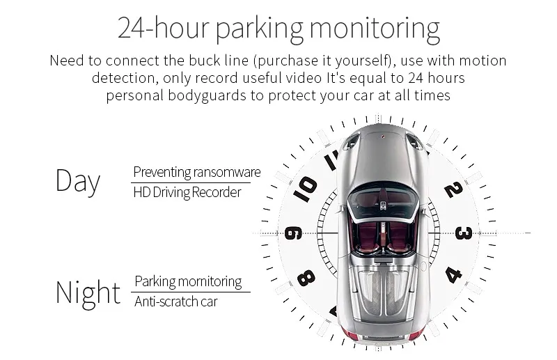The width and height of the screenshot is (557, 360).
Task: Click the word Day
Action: [x=78, y=181]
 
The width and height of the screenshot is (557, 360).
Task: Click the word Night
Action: [x=88, y=292]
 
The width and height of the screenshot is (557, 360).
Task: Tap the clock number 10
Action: [x=304, y=189]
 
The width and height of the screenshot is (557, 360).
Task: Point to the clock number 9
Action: [x=293, y=233]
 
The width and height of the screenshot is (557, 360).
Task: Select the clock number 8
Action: [x=306, y=279]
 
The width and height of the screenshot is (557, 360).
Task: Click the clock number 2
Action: [x=454, y=189]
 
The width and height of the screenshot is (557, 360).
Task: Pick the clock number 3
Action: [x=464, y=233]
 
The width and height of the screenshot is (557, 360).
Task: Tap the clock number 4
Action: [x=454, y=275]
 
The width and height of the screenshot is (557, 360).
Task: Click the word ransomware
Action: [x=228, y=172]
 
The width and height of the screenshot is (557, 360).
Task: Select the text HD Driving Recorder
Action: [x=187, y=192]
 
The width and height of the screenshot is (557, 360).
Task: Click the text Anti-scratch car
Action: [x=176, y=302]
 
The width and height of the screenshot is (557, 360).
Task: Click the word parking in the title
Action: [x=260, y=29]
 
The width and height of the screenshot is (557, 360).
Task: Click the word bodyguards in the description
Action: [x=207, y=95]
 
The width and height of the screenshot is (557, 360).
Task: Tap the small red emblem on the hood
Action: [x=384, y=136]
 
